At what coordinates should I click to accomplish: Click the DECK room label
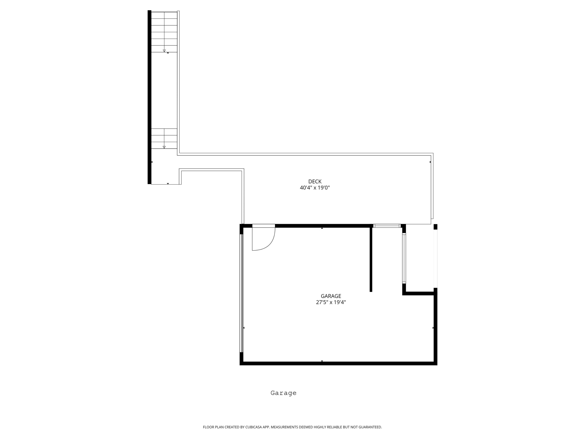tap(315, 181)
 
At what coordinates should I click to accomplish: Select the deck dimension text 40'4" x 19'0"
tap(315, 188)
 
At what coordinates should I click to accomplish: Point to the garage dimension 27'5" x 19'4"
tap(331, 302)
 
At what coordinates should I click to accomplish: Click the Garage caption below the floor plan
tap(284, 393)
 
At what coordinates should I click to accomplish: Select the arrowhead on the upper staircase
tap(164, 51)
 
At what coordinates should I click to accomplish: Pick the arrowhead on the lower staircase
tap(164, 147)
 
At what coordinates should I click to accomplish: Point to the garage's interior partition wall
tap(371, 259)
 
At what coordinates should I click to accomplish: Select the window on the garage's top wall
tap(387, 226)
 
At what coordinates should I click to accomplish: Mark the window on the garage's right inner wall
tap(404, 258)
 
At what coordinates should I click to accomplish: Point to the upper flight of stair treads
tap(164, 32)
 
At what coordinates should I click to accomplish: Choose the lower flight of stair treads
tap(164, 139)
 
